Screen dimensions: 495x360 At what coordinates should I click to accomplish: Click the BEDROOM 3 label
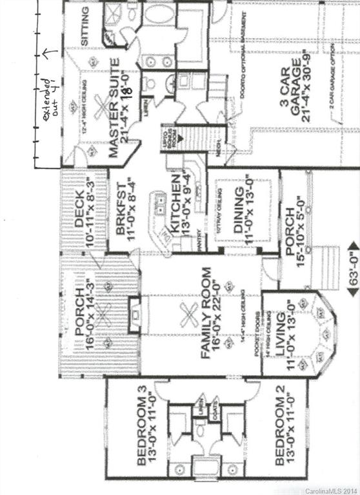143,429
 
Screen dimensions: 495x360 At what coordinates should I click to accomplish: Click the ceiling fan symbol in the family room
189,316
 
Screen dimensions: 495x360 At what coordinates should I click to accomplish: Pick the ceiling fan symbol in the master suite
101,108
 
